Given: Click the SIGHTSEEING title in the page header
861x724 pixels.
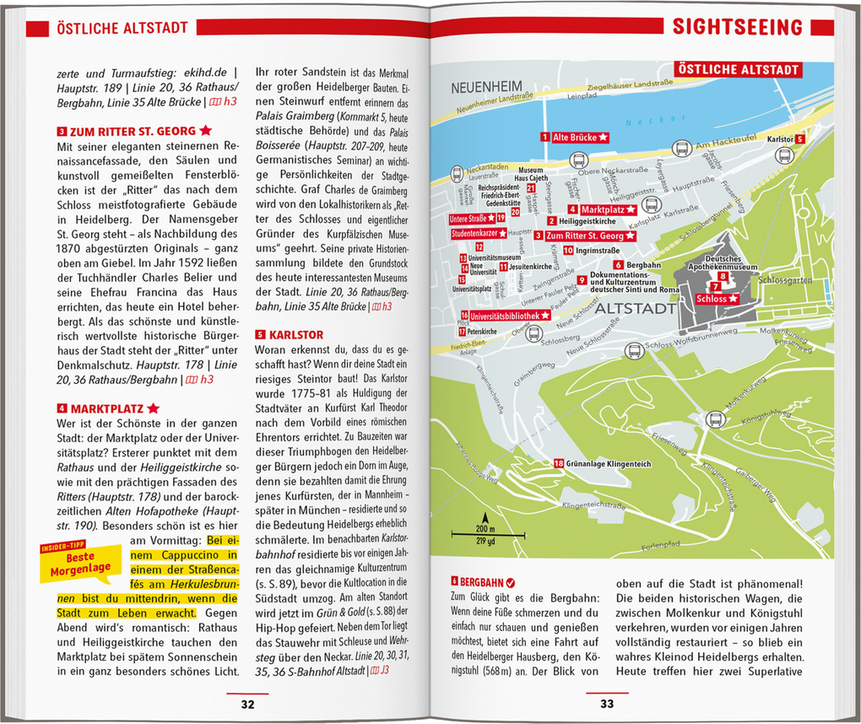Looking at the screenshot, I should (x=736, y=27).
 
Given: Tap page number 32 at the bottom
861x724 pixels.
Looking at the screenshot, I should (x=246, y=705).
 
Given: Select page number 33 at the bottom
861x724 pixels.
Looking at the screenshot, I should (x=607, y=705).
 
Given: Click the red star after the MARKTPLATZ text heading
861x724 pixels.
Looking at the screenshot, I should (x=153, y=408).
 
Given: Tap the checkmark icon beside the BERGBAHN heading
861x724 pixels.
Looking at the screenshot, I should (x=511, y=582).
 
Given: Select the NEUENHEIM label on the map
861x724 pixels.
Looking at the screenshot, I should (x=487, y=86).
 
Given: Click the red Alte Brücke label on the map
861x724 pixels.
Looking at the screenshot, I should (x=579, y=137).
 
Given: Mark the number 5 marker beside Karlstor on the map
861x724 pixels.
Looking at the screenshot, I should (x=799, y=139).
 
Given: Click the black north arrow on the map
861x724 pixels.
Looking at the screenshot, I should (x=485, y=518).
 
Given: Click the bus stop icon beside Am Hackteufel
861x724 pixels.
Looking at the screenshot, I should (x=681, y=149).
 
